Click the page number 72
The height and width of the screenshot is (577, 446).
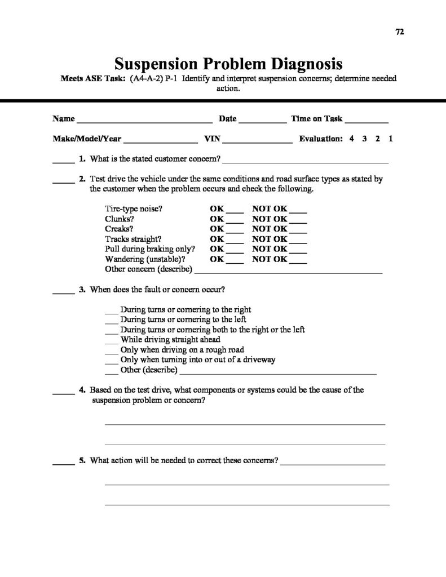click(399, 32)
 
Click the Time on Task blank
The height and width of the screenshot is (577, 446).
click(366, 121)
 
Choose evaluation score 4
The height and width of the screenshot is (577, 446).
click(351, 139)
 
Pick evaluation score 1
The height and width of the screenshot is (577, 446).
click(390, 139)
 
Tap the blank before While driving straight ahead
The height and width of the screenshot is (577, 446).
click(112, 341)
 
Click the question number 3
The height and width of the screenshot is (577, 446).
click(82, 290)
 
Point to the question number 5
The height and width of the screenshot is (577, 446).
click(82, 460)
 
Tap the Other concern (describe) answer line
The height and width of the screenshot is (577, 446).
click(288, 272)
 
